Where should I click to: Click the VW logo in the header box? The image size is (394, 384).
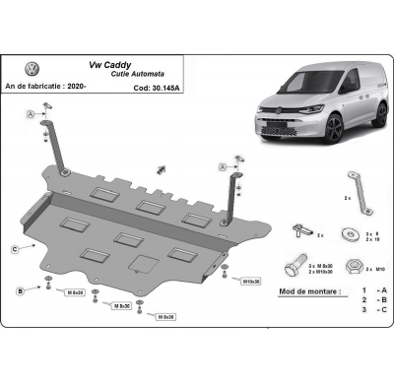tap(32, 70)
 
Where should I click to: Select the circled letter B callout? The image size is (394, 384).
tap(20, 291)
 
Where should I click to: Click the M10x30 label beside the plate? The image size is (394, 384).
tap(249, 282)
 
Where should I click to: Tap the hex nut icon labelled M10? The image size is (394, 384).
tap(353, 267)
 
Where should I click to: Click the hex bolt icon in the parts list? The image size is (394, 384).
tap(297, 266)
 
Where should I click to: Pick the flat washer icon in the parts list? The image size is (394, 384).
tap(351, 233)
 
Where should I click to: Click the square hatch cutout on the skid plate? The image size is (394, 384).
tap(142, 263)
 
